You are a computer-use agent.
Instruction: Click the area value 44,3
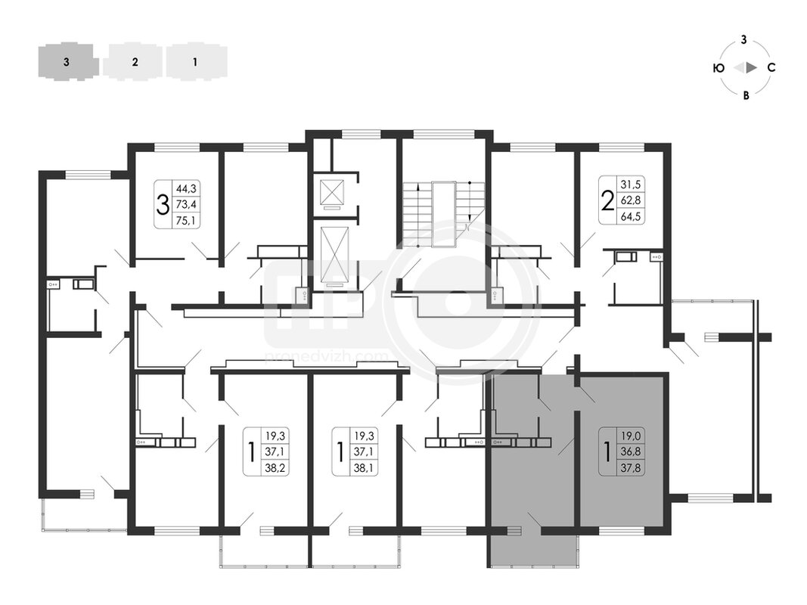click(186, 188)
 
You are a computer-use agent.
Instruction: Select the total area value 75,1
click(186, 221)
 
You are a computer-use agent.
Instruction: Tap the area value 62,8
click(631, 200)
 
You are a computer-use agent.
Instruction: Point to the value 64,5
click(631, 216)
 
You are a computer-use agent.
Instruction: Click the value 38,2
click(275, 468)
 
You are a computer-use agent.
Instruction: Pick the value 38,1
click(363, 468)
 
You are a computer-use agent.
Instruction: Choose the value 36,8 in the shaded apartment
click(631, 452)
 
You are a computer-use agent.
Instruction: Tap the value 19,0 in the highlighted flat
click(631, 436)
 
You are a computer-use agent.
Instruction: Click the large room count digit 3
click(163, 205)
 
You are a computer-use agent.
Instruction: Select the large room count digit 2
click(608, 200)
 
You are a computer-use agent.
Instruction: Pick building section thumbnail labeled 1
click(196, 62)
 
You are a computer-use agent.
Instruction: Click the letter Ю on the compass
click(719, 68)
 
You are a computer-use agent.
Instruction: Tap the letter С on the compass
click(771, 67)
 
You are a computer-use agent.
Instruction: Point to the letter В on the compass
click(746, 95)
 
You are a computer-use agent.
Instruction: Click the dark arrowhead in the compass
click(752, 67)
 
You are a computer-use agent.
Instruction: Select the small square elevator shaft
click(331, 193)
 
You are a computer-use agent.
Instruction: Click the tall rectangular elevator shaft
click(334, 254)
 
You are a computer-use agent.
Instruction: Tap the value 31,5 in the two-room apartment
click(631, 185)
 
